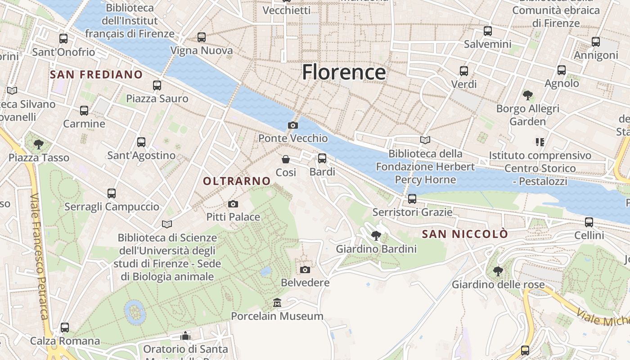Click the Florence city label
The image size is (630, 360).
[344, 72]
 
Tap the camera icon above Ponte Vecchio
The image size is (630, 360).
[293, 125]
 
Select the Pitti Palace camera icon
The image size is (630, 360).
[233, 204]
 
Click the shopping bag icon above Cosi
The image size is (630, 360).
[286, 159]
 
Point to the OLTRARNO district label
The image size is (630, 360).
[237, 181]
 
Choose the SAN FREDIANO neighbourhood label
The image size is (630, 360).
[96, 74]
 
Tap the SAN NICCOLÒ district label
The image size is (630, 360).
[465, 234]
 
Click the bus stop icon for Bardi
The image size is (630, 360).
[322, 158]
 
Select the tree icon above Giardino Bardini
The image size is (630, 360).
[376, 235]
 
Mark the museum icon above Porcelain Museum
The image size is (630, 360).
[277, 303]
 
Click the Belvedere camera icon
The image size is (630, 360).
[305, 270]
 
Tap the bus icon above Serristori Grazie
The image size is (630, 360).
[412, 198]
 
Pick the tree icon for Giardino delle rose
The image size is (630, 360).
[498, 271]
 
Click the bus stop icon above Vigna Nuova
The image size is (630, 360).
[202, 37]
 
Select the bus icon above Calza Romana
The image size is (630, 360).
[65, 328]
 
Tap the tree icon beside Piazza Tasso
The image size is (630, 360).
[39, 144]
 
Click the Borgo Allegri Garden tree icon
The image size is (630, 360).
[528, 95]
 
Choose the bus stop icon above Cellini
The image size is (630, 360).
[589, 222]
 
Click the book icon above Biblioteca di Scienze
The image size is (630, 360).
[167, 224]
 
